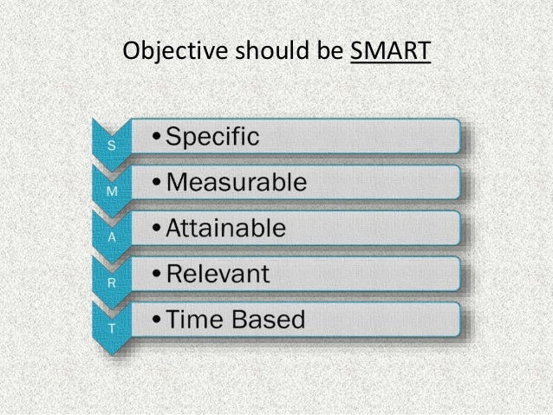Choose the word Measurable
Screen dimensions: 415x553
tap(236, 183)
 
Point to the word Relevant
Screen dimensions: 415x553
tap(218, 275)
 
